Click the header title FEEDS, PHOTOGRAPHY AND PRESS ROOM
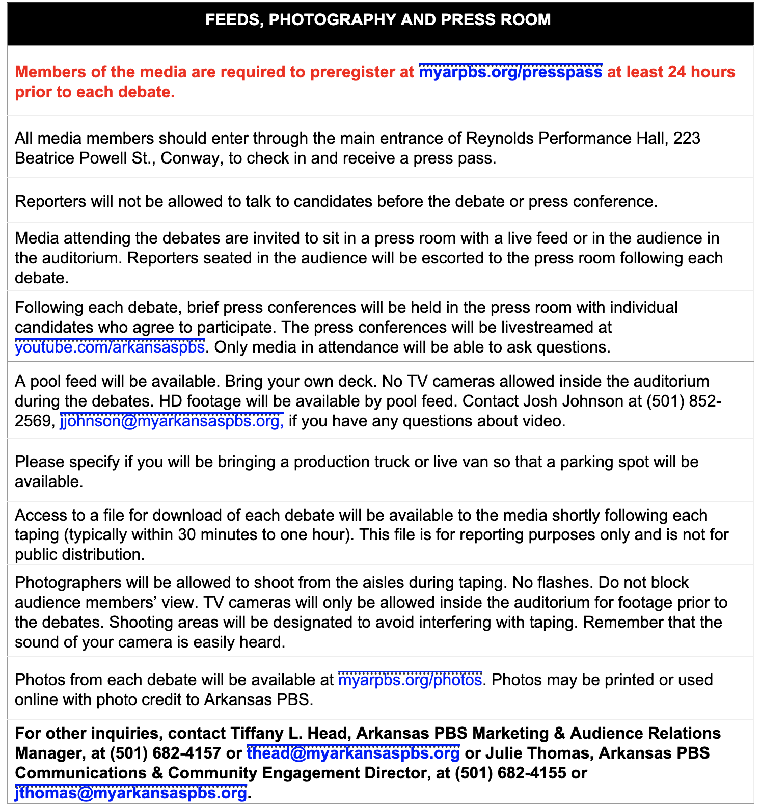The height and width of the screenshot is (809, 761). [378, 20]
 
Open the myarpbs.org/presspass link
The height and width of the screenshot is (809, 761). [510, 72]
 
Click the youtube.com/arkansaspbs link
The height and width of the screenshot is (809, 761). [110, 347]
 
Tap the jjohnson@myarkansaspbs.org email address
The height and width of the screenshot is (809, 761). [172, 421]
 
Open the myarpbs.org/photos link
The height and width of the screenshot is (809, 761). [410, 680]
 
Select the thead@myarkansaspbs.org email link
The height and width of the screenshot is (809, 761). [353, 753]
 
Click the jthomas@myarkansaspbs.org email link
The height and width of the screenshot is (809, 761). [131, 793]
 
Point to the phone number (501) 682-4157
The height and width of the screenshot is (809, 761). [165, 753]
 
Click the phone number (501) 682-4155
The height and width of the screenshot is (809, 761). [510, 773]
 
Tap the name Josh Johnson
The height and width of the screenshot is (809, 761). [576, 401]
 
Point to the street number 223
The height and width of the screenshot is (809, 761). [687, 139]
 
